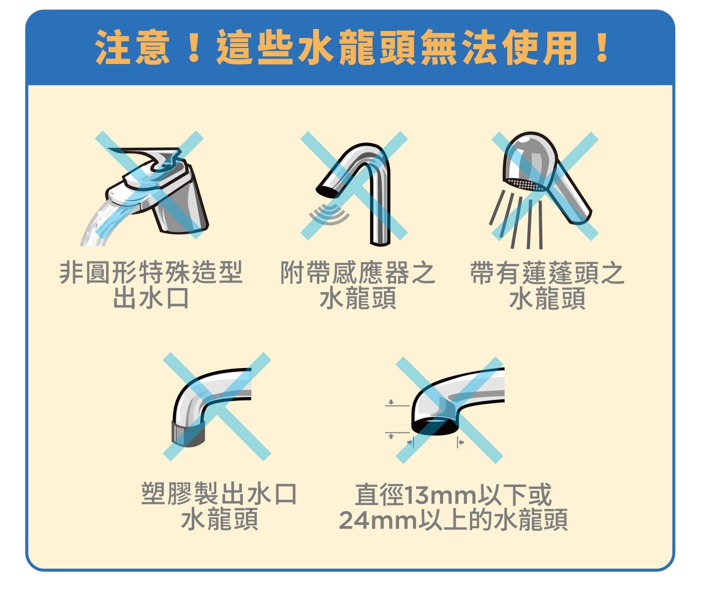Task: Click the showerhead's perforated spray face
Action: [x=524, y=184]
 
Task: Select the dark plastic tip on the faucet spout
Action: [x=188, y=433]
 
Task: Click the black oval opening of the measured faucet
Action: [x=435, y=426]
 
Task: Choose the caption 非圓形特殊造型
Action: [x=151, y=273]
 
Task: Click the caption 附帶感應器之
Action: [x=358, y=273]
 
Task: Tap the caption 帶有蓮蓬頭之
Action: [x=547, y=273]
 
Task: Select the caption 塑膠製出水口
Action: [x=219, y=494]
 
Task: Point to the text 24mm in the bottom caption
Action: [x=378, y=520]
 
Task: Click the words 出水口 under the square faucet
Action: [x=151, y=298]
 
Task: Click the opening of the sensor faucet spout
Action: [x=327, y=191]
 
